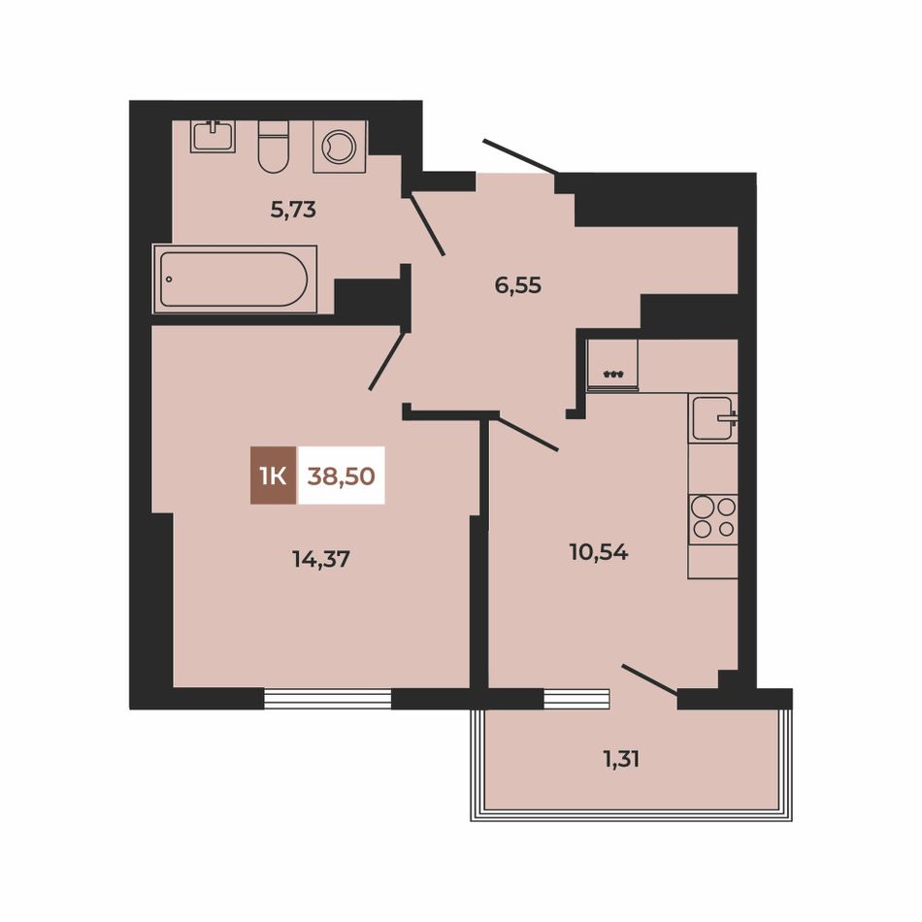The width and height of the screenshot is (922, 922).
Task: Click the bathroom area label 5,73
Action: click(x=293, y=210)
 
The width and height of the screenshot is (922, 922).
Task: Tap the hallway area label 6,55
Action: click(x=518, y=285)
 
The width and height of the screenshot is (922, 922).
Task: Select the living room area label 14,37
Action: click(x=321, y=559)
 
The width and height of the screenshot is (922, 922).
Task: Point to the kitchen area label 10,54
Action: click(x=599, y=552)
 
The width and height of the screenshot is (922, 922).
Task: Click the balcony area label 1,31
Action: click(x=621, y=759)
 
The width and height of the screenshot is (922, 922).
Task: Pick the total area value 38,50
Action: click(x=341, y=476)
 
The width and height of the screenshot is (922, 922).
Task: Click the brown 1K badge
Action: click(x=274, y=476)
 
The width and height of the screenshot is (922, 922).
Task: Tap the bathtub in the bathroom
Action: click(x=235, y=280)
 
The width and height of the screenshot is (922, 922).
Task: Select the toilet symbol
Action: click(x=274, y=147)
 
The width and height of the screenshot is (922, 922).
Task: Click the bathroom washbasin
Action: click(x=213, y=137)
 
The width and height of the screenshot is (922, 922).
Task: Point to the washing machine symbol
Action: click(x=340, y=147)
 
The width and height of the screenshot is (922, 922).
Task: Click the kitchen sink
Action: click(x=712, y=418)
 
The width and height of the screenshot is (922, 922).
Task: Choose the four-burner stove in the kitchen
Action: click(x=713, y=519)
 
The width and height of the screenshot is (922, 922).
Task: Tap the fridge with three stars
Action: click(x=612, y=365)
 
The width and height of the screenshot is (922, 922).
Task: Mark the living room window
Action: click(x=327, y=698)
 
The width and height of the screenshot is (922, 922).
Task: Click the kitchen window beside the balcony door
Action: click(x=576, y=698)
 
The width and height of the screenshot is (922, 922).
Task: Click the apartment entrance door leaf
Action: click(x=520, y=157)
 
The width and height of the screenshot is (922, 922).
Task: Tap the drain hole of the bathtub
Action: click(x=169, y=280)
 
